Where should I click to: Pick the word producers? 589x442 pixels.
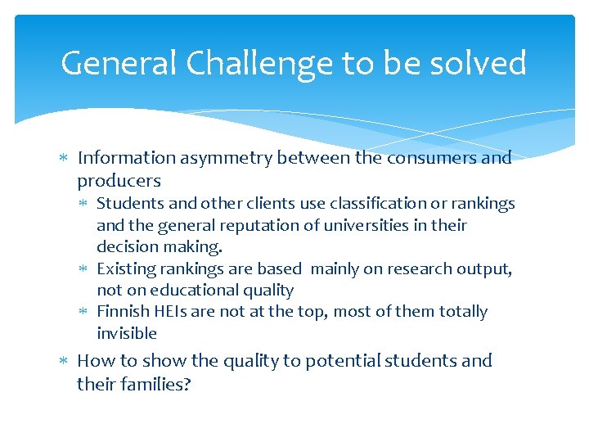pyautogui.click(x=119, y=181)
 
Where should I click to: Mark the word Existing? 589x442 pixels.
pyautogui.click(x=124, y=268)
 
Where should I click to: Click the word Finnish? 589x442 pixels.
pyautogui.click(x=123, y=312)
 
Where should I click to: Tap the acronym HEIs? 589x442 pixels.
pyautogui.click(x=171, y=312)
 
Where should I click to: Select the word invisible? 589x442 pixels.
pyautogui.click(x=127, y=333)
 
